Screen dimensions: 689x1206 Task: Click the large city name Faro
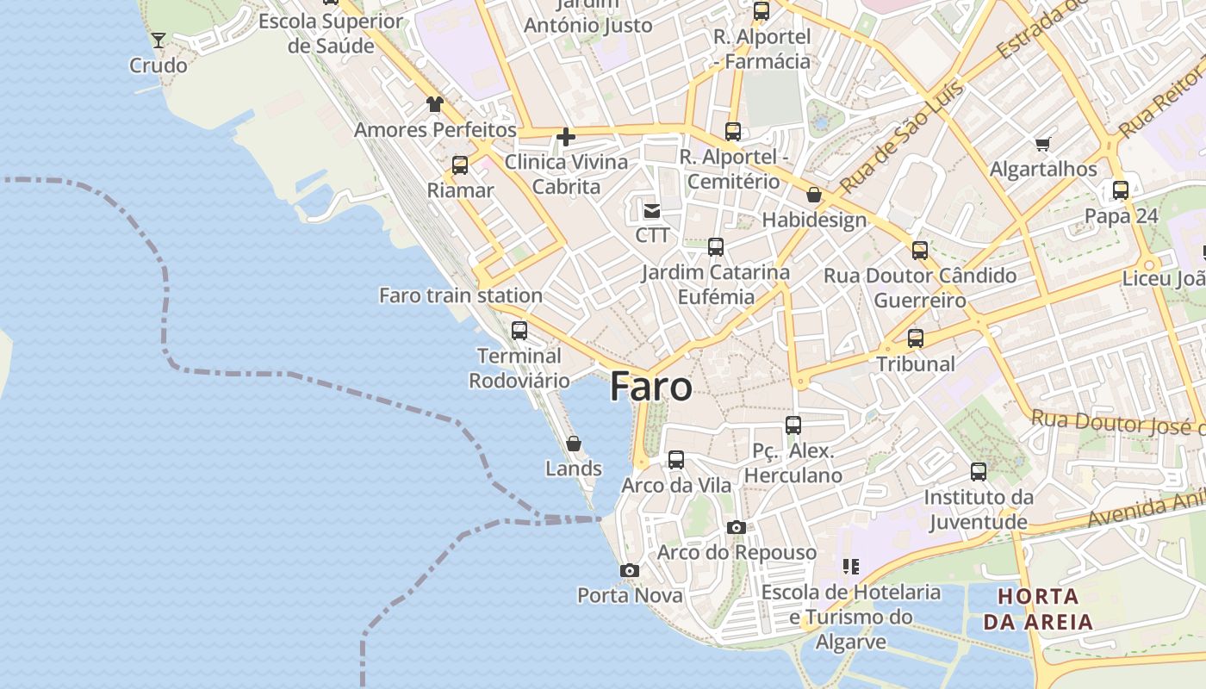pyautogui.click(x=650, y=387)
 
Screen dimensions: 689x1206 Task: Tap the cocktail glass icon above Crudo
pyautogui.click(x=159, y=40)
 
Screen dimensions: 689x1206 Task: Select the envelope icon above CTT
pyautogui.click(x=652, y=210)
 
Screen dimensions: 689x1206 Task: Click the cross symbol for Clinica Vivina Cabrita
pyautogui.click(x=566, y=136)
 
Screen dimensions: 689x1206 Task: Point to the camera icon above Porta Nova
pyautogui.click(x=630, y=570)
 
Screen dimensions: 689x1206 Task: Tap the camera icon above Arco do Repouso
pyautogui.click(x=736, y=527)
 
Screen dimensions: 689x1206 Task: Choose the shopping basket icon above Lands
pyautogui.click(x=574, y=444)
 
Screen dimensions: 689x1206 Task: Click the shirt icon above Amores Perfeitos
pyautogui.click(x=435, y=105)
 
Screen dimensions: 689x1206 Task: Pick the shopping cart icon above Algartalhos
pyautogui.click(x=1043, y=144)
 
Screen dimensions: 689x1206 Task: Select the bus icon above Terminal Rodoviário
pyautogui.click(x=519, y=330)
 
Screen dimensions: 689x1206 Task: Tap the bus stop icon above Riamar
pyautogui.click(x=460, y=164)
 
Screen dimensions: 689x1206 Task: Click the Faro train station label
pyautogui.click(x=461, y=295)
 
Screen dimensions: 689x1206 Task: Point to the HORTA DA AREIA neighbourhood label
pyautogui.click(x=1038, y=608)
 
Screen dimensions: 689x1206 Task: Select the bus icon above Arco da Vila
pyautogui.click(x=676, y=460)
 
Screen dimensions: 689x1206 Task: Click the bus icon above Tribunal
pyautogui.click(x=916, y=338)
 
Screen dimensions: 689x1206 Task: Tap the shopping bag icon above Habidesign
pyautogui.click(x=814, y=195)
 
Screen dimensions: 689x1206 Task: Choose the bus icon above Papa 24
pyautogui.click(x=1121, y=190)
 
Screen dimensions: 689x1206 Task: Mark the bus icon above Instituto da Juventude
pyautogui.click(x=979, y=472)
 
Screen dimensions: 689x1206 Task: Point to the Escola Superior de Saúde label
pyautogui.click(x=331, y=33)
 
